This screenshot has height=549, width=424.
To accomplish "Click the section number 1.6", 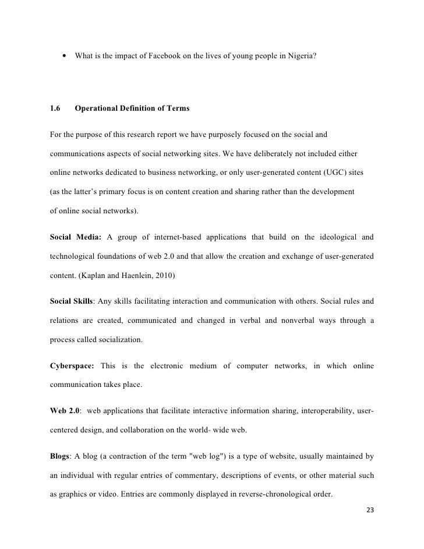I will click(56, 108).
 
